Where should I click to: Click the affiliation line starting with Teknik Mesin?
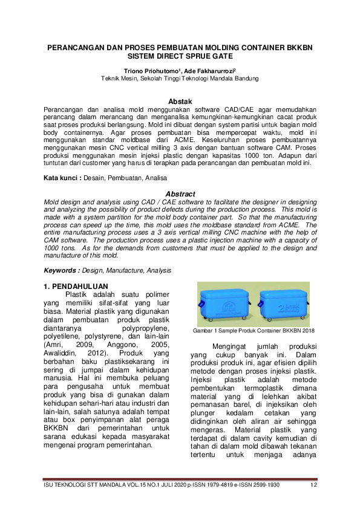pos(180,79)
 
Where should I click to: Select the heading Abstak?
pos(180,100)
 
